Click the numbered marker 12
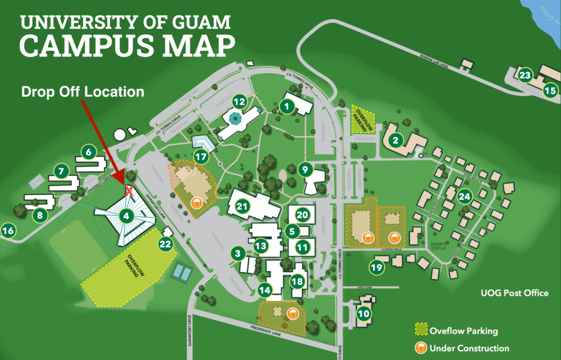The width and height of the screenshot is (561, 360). [x=239, y=101]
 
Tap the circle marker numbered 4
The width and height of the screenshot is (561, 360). [x=127, y=216]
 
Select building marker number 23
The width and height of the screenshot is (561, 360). [x=525, y=75]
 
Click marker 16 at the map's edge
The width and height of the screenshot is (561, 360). [x=9, y=231]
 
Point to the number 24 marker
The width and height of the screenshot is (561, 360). [x=465, y=196]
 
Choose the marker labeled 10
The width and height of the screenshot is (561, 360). [x=363, y=314]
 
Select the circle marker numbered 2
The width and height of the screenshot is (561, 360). [x=394, y=140]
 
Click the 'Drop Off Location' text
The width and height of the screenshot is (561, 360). [x=83, y=92]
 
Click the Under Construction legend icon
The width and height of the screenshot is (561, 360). [x=421, y=348]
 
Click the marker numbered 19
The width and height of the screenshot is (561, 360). [x=376, y=267]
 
